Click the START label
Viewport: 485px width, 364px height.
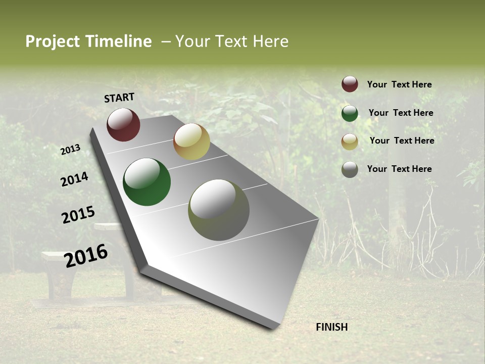(119, 98)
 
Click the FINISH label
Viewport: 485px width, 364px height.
(331, 327)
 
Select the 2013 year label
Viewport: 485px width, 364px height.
(71, 150)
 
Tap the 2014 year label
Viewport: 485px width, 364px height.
(74, 179)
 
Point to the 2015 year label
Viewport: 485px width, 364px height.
(78, 215)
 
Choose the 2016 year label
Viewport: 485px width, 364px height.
(86, 255)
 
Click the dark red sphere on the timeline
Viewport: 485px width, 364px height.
(123, 124)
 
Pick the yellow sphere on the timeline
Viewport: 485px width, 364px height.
(191, 142)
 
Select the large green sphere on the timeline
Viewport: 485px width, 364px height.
(147, 182)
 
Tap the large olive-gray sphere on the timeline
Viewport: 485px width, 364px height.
(219, 210)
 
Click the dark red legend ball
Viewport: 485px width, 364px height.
(350, 84)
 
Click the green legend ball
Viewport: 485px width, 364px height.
(350, 113)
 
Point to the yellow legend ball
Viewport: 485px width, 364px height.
(350, 142)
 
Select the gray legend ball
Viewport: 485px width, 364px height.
(350, 169)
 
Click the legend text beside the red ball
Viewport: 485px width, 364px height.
(399, 84)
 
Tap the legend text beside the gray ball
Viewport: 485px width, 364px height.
(399, 169)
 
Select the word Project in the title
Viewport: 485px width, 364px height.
(52, 41)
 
